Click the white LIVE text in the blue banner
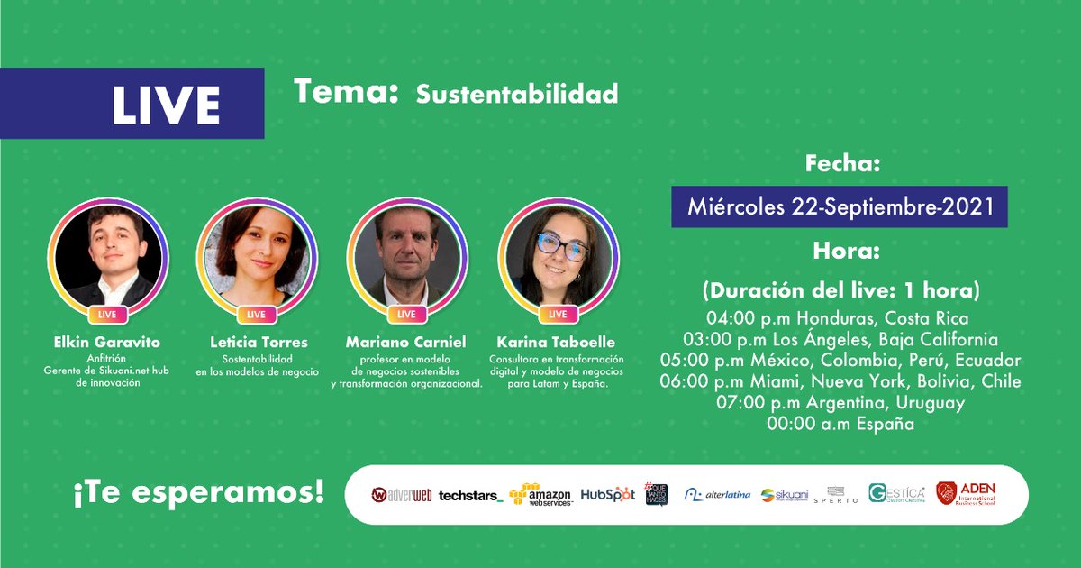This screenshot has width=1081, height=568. coord(166,106)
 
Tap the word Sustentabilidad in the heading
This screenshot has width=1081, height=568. coord(517,95)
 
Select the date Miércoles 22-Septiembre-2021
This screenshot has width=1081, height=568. coord(840,207)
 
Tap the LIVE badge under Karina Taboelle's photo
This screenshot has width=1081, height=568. coord(558,315)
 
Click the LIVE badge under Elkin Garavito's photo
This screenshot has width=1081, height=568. coord(107,315)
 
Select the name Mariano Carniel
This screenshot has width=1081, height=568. coord(406,343)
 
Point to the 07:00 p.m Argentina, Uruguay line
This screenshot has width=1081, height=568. coord(840,403)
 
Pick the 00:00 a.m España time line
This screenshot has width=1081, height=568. coord(840,424)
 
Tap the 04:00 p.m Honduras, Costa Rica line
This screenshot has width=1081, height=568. coord(840,318)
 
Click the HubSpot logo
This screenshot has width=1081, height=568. coord(607,494)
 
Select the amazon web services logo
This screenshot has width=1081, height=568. coord(540,494)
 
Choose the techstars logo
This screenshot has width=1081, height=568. coord(470,495)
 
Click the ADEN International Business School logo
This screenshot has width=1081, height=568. coord(966,493)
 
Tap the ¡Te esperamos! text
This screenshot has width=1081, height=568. coord(199,494)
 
